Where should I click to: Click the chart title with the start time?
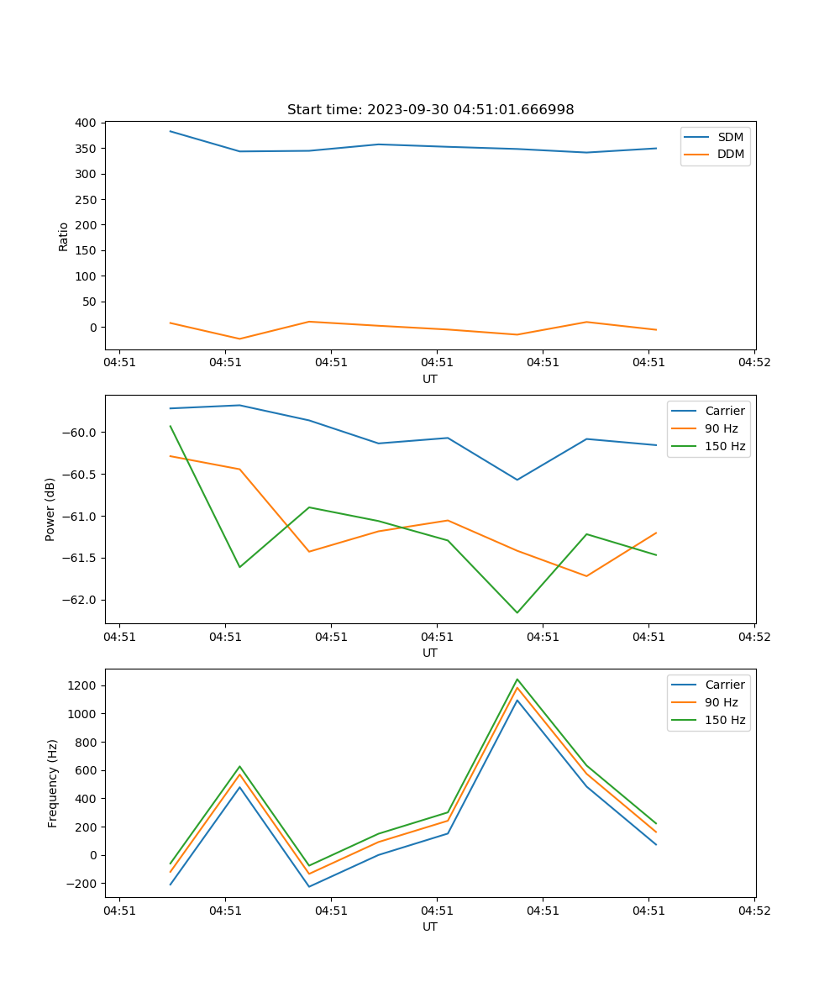coord(430,110)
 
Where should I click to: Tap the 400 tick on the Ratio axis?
coord(84,123)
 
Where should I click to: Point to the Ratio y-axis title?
coord(64,237)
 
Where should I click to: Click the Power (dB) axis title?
coord(51,509)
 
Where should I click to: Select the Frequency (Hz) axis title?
coord(53,783)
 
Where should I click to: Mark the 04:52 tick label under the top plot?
coord(753,363)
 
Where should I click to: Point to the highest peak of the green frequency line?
coord(517,679)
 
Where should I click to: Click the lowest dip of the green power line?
coord(517,612)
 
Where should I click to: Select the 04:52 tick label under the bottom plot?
coord(753,911)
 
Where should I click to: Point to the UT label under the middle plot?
coord(430,653)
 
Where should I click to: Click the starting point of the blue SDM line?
coord(171,131)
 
